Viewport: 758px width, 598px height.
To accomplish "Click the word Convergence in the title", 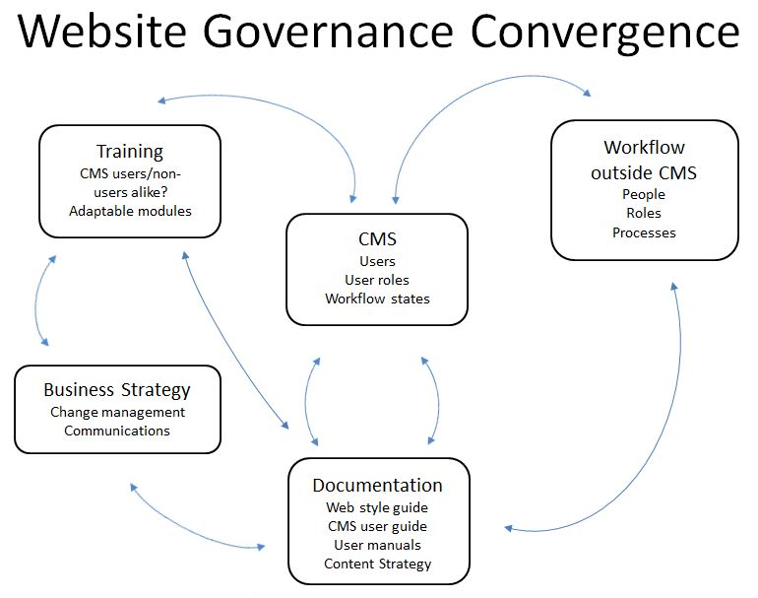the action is (x=604, y=32).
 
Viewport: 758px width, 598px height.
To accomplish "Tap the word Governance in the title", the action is (x=327, y=31).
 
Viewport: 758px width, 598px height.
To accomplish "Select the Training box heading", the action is (x=130, y=152).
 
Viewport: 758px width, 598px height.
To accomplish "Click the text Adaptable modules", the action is (x=130, y=211).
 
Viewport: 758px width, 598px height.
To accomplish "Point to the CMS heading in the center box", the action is (x=377, y=239).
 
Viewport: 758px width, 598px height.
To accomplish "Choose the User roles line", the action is (x=377, y=280).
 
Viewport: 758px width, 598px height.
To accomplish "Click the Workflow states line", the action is (x=377, y=299).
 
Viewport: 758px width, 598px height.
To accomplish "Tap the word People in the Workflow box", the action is (x=644, y=194).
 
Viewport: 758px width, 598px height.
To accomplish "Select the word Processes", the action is (x=644, y=233).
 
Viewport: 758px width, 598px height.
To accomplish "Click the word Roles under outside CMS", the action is (x=644, y=213).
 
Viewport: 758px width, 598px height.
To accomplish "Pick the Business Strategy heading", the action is (x=117, y=390).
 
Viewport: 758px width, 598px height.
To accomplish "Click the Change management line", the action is (x=117, y=412).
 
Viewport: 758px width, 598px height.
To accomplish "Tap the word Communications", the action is (x=117, y=431).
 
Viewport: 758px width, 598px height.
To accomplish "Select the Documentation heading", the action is (x=378, y=486).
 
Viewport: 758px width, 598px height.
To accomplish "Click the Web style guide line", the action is (x=377, y=507).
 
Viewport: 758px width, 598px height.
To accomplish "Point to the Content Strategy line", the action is (x=378, y=564).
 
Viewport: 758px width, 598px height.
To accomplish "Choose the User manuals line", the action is (x=378, y=545).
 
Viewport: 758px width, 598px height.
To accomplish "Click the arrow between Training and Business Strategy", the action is (x=36, y=299).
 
